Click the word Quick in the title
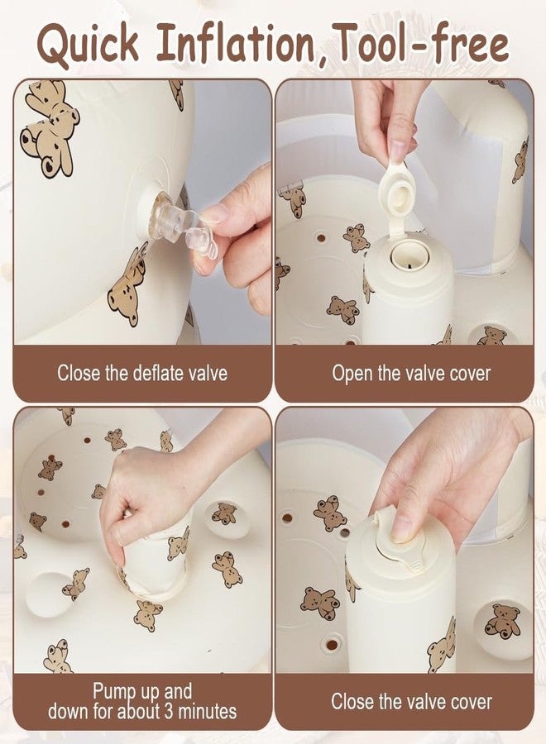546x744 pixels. (89, 46)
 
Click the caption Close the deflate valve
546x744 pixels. (142, 373)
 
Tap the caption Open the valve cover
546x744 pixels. (411, 373)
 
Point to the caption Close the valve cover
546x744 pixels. (412, 701)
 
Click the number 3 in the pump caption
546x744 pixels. (170, 711)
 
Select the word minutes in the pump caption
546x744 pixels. (208, 711)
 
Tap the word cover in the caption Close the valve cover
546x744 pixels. (470, 702)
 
